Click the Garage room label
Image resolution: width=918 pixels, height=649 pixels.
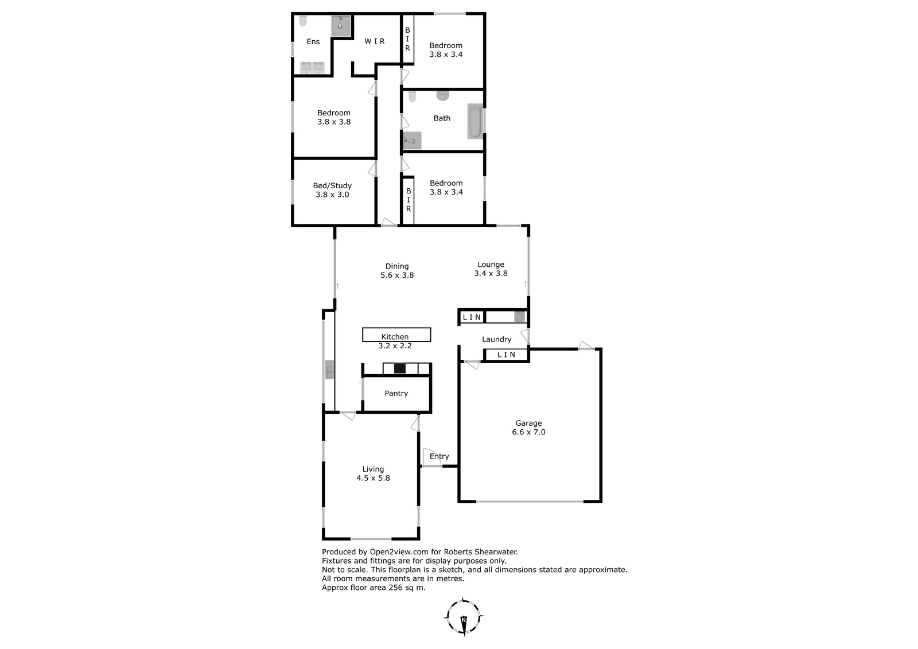point(528,423)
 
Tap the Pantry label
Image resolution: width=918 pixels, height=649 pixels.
point(396,393)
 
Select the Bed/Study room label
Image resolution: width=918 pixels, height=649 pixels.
point(332,186)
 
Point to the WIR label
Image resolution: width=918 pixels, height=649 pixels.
point(375,41)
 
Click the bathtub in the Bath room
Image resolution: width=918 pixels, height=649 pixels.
point(476,121)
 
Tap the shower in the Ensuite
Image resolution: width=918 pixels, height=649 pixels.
point(341,26)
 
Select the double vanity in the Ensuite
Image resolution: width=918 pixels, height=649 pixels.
point(312,68)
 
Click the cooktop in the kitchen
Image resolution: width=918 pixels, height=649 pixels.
point(399,368)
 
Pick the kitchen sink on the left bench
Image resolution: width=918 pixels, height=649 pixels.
point(329,370)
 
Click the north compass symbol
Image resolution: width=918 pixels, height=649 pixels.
point(464,617)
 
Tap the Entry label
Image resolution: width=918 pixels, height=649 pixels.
point(439,456)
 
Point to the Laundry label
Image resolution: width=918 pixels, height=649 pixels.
point(496,340)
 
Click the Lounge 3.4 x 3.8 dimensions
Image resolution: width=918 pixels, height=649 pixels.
point(491,274)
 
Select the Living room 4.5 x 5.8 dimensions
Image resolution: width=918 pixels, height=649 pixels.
point(373,478)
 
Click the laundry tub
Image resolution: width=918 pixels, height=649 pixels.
point(520,317)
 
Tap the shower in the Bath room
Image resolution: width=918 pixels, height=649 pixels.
point(413,141)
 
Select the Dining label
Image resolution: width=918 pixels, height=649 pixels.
point(397,266)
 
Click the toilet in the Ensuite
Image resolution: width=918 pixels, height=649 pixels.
point(303,21)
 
